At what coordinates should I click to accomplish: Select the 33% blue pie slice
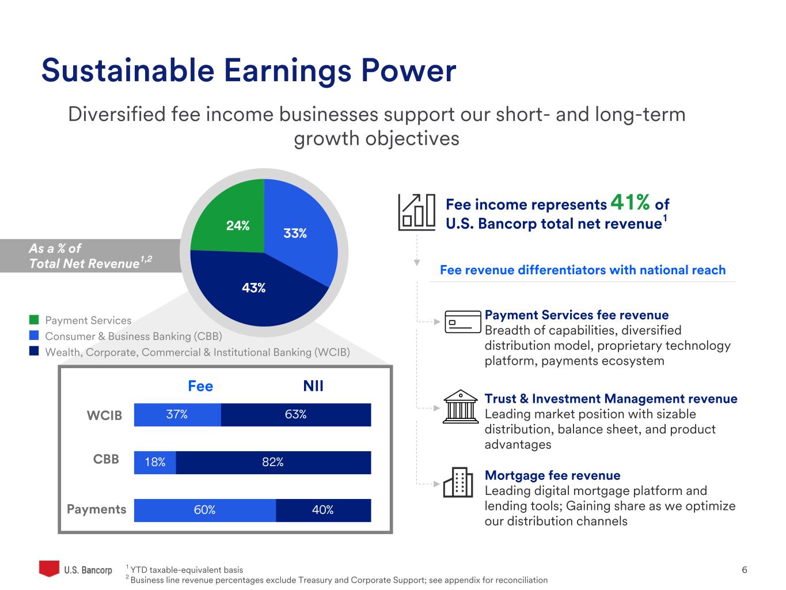click(299, 229)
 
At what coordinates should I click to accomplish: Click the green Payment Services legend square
click(34, 320)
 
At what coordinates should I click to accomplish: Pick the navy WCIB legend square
click(34, 351)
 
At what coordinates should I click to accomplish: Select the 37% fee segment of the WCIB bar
click(177, 414)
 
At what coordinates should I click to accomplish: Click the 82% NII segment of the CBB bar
click(274, 463)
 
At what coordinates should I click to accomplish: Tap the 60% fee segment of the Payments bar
click(205, 510)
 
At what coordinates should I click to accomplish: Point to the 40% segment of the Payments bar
click(324, 510)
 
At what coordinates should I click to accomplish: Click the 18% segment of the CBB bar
click(155, 463)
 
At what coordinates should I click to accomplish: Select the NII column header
click(313, 386)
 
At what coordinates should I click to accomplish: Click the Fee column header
click(200, 386)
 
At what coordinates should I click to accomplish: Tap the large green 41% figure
click(630, 202)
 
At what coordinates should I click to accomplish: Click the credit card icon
click(462, 322)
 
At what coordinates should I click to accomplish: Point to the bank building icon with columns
click(461, 407)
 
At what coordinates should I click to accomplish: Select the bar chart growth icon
click(417, 212)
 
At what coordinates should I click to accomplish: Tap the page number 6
click(745, 570)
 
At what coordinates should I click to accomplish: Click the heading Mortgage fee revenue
click(553, 475)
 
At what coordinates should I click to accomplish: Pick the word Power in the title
click(409, 70)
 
